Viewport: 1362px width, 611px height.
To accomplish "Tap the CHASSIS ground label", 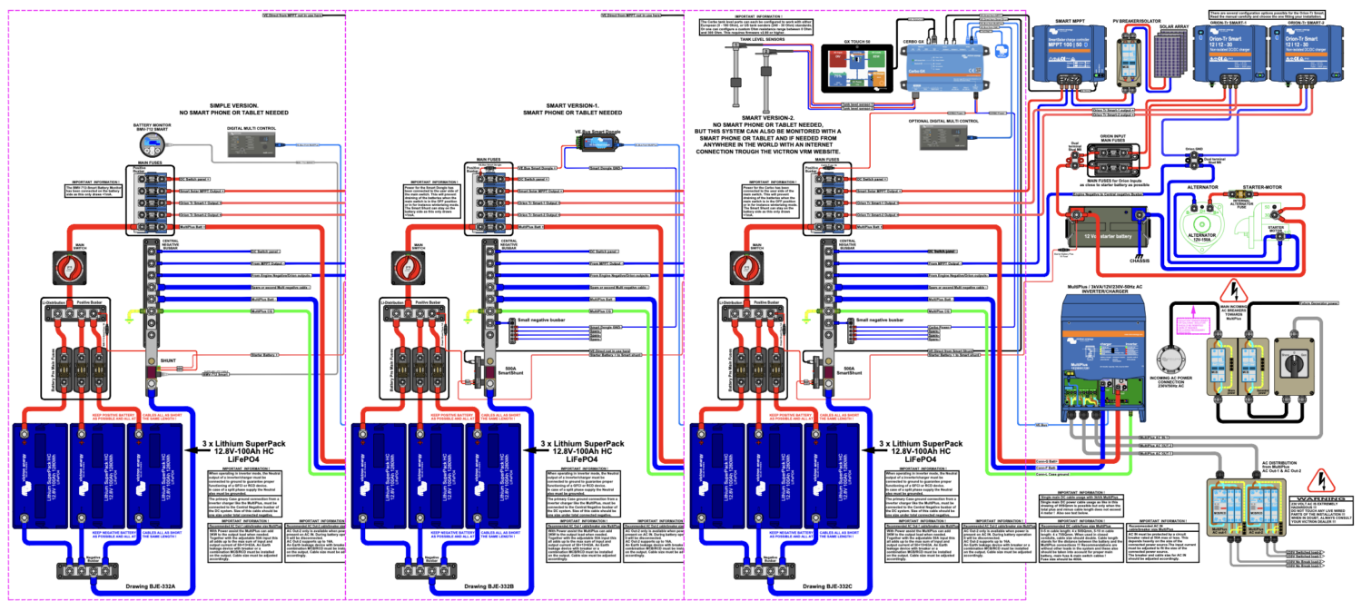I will point(1122,262).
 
